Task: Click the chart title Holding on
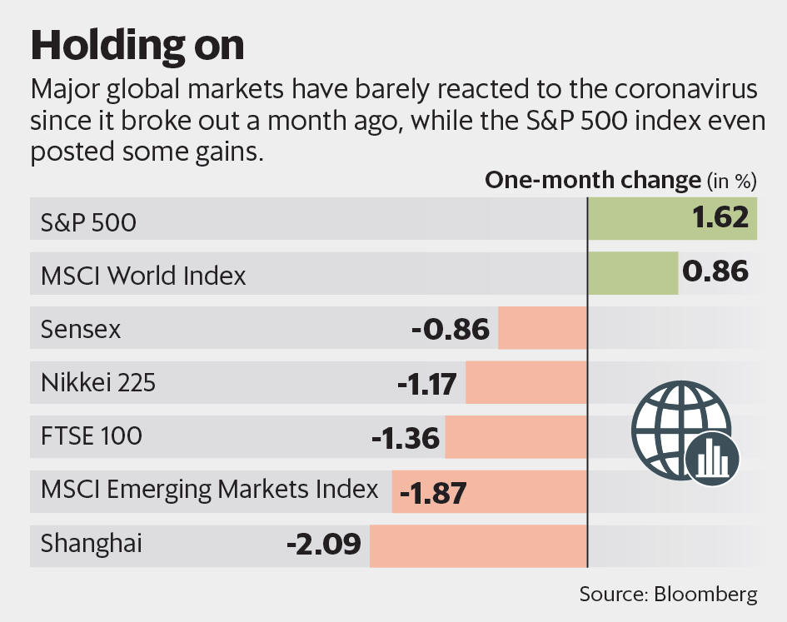coord(137,46)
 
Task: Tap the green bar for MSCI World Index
coord(633,274)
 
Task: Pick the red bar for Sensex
coord(543,328)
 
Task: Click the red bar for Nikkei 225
coord(526,383)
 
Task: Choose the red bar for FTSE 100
coord(516,437)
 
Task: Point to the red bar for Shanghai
coord(479,546)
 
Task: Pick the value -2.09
coord(323,546)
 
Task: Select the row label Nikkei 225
coord(97,383)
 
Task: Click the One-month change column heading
coord(593,180)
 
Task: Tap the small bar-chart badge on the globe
coord(711,457)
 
